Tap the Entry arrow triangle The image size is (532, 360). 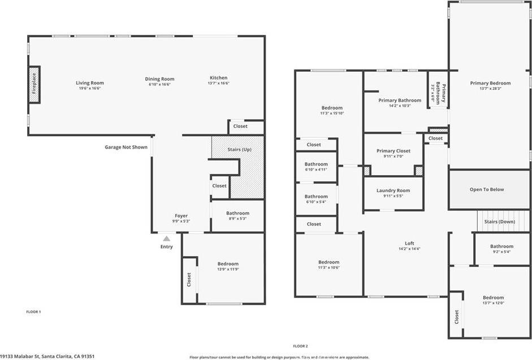click(166, 239)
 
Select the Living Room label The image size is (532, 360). click(90, 83)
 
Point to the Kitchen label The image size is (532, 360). click(218, 77)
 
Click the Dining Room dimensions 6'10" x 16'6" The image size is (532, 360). click(159, 84)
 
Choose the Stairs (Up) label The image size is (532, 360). click(239, 149)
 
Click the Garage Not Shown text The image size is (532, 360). click(126, 148)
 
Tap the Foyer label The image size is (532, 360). click(181, 215)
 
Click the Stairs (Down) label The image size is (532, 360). click(499, 222)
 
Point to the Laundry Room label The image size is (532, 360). click(393, 190)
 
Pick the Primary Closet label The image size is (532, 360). click(393, 151)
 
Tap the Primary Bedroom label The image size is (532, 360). click(490, 83)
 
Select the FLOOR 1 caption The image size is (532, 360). click(34, 311)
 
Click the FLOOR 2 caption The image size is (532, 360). click(300, 345)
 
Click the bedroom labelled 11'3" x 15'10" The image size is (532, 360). click(332, 110)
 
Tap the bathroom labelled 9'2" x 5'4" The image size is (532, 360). click(501, 249)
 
